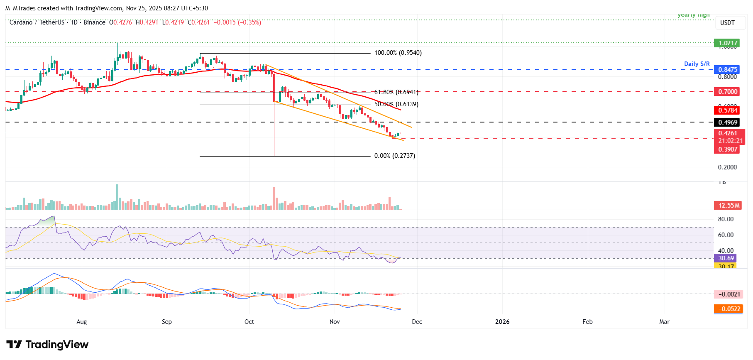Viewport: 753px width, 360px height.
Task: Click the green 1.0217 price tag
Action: [727, 43]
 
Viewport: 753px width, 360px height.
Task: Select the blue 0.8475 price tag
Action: [727, 70]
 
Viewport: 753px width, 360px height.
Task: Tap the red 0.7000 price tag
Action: [727, 92]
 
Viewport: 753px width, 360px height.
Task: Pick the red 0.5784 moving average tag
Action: [727, 110]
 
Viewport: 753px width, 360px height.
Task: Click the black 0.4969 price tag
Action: [727, 122]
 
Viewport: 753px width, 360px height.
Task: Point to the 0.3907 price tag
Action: [727, 149]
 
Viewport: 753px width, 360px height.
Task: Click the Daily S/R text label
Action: [697, 64]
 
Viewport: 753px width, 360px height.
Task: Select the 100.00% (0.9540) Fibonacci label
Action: [398, 53]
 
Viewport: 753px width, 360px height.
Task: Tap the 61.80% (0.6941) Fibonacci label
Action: [396, 92]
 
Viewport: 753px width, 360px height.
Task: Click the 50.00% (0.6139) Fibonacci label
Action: [396, 104]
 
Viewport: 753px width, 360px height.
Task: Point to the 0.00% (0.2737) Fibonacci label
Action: [394, 156]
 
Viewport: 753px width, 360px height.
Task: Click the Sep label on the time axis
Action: [166, 322]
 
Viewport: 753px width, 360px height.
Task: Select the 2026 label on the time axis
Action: [502, 322]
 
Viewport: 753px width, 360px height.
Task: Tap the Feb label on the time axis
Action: [587, 322]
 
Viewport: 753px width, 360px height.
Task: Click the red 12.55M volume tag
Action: [729, 206]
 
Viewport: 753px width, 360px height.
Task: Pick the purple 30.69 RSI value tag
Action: [726, 258]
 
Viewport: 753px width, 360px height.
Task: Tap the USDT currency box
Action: [727, 23]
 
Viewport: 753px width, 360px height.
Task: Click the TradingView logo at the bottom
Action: [47, 345]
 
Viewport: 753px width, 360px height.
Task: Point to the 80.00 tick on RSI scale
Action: [726, 219]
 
